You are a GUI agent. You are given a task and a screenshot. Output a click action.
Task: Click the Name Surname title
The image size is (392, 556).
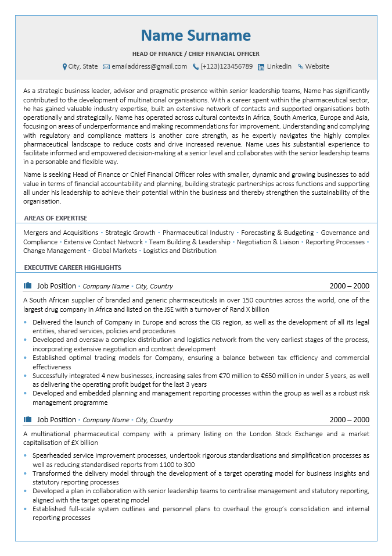pyautogui.click(x=196, y=35)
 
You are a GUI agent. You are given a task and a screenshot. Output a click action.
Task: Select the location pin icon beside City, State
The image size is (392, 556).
pyautogui.click(x=64, y=67)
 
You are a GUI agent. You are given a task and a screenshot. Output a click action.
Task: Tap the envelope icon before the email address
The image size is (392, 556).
pyautogui.click(x=106, y=67)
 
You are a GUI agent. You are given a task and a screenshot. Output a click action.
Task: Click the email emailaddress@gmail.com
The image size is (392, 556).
pyautogui.click(x=149, y=67)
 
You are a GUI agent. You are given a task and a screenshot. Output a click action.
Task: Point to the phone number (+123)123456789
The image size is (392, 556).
pyautogui.click(x=226, y=67)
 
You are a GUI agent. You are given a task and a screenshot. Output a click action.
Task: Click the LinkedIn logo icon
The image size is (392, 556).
pyautogui.click(x=261, y=67)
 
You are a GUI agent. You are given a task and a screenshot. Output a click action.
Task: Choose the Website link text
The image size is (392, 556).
pyautogui.click(x=317, y=67)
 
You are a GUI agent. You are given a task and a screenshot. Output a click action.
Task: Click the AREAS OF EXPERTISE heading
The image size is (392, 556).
pyautogui.click(x=56, y=218)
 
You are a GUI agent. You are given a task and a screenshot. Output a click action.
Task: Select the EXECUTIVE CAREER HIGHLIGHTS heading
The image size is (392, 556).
pyautogui.click(x=73, y=268)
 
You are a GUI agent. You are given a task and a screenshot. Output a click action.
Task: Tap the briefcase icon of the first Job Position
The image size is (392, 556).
pyautogui.click(x=27, y=286)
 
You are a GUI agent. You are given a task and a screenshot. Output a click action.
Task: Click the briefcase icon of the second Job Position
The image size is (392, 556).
pyautogui.click(x=27, y=419)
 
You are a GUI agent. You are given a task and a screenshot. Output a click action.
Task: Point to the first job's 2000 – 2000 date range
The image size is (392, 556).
pyautogui.click(x=349, y=286)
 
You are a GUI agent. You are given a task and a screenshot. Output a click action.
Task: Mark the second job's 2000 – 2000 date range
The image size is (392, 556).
pyautogui.click(x=349, y=420)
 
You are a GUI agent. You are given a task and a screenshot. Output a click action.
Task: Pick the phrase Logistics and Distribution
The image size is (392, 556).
pyautogui.click(x=179, y=251)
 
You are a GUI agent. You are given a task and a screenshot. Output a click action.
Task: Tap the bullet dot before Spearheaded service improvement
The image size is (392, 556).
pyautogui.click(x=26, y=456)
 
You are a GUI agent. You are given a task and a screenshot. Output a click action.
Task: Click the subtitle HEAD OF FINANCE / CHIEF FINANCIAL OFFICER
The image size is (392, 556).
pyautogui.click(x=196, y=54)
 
